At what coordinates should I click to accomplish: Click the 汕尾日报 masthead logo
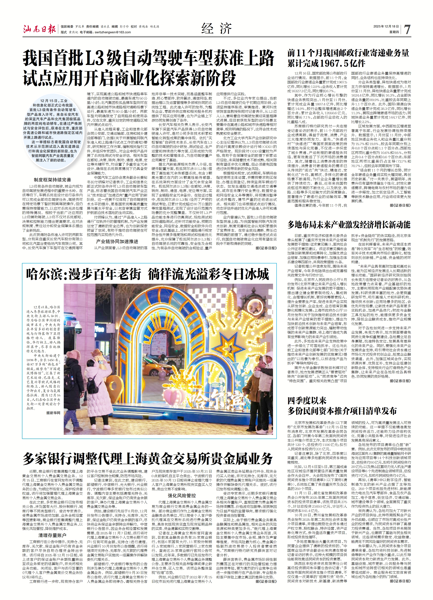click(x=39, y=29)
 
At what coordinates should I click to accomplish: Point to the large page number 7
click(x=407, y=29)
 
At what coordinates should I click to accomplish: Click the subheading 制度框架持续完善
click(x=52, y=180)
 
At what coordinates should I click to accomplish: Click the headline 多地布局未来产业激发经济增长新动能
click(x=349, y=225)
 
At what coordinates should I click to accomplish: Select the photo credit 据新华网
click(x=53, y=413)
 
